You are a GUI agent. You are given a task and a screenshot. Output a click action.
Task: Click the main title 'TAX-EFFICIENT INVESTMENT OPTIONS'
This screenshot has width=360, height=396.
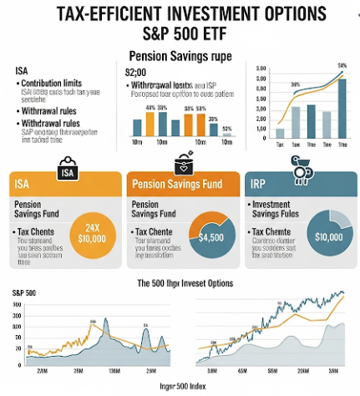click(x=180, y=14)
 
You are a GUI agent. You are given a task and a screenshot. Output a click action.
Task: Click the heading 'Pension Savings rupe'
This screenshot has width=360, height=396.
click(x=180, y=56)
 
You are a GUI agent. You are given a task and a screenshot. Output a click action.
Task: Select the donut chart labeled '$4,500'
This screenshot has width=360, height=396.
click(x=211, y=234)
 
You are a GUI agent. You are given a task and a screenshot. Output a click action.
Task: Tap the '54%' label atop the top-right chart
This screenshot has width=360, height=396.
click(x=342, y=65)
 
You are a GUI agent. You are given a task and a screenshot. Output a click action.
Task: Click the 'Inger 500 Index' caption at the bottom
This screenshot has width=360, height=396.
click(x=180, y=387)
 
